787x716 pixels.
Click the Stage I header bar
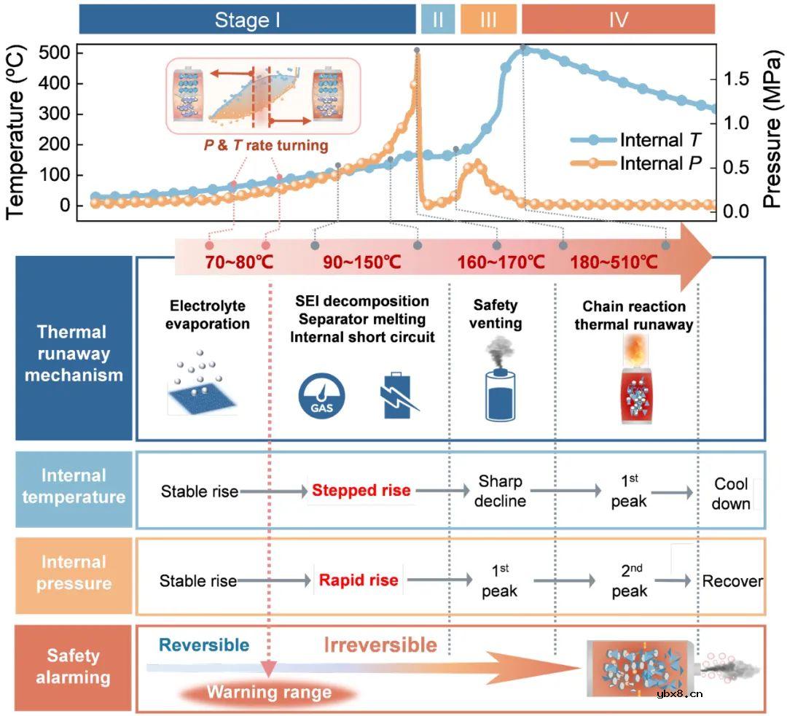[248, 20]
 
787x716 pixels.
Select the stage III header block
[488, 20]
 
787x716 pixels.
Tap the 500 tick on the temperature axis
[54, 52]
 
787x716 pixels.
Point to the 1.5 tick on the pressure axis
[736, 79]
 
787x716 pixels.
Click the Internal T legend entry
[635, 139]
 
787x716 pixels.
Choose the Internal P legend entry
[635, 163]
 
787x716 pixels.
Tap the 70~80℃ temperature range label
[239, 262]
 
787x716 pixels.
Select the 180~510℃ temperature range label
[614, 262]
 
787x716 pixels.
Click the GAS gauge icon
[322, 396]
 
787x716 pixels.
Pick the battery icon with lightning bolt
[399, 396]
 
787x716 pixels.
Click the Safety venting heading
[496, 314]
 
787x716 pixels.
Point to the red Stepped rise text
[361, 490]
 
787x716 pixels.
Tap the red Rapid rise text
[359, 580]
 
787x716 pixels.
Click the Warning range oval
[268, 693]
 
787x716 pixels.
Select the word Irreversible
[380, 645]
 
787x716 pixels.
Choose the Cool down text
[732, 494]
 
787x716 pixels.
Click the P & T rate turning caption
[266, 145]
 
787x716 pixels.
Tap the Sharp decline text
[500, 491]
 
